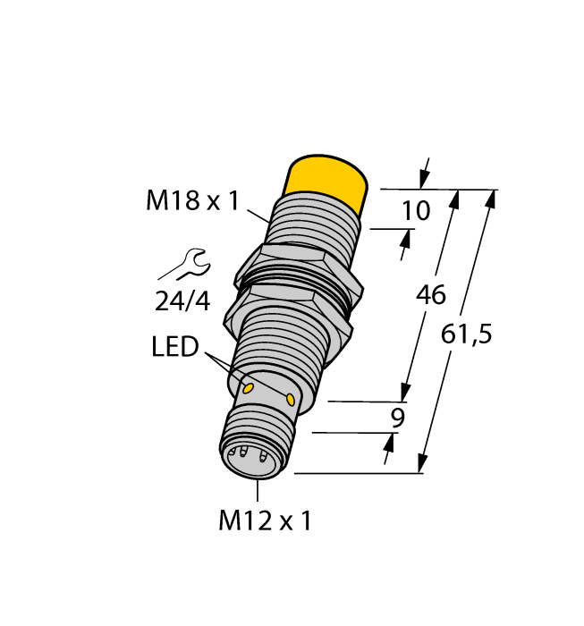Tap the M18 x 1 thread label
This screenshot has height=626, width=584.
[192, 201]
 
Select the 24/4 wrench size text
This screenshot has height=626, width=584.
[182, 301]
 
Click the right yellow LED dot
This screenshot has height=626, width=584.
[292, 397]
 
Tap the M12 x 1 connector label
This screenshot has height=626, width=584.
[265, 521]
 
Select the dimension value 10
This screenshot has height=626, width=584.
[417, 211]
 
